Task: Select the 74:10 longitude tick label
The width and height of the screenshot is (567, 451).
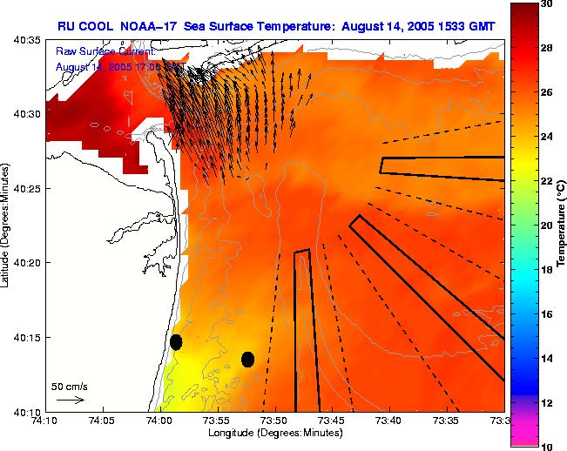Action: click(45, 420)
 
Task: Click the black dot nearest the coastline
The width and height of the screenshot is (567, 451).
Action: click(176, 342)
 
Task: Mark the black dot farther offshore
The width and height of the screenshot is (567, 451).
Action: click(247, 359)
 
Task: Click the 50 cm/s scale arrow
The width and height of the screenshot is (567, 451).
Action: click(71, 400)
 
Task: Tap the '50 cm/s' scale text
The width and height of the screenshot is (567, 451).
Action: click(70, 386)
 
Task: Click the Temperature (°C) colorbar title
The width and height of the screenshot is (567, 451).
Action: click(563, 225)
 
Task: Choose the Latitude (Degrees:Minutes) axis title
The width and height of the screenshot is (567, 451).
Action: click(7, 225)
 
